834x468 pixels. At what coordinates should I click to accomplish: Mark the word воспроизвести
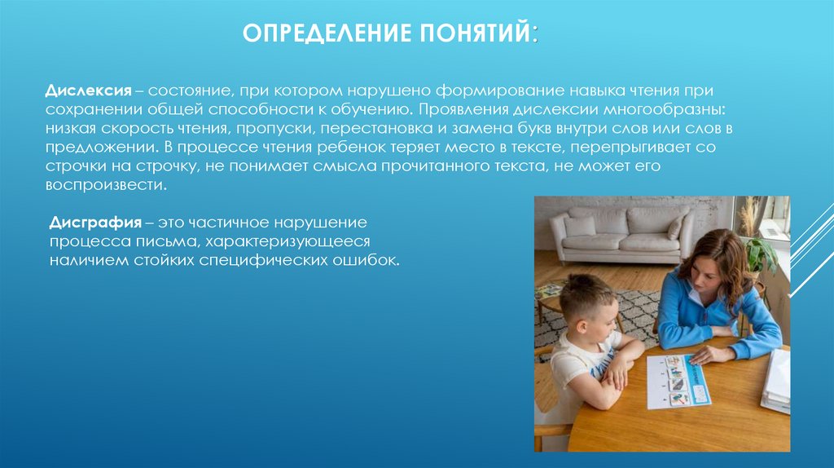pos(106,185)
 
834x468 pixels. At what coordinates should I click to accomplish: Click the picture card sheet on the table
pos(678,382)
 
